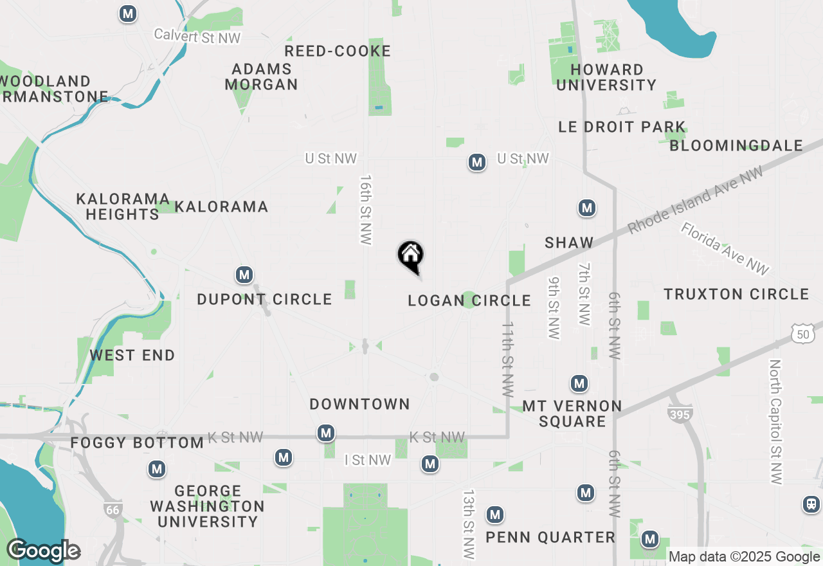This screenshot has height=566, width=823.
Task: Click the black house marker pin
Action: pos(410,255)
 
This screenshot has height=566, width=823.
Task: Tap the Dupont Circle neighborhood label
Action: pos(264,299)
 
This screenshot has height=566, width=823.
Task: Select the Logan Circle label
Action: pos(469,300)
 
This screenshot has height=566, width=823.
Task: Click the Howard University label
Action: pos(606,77)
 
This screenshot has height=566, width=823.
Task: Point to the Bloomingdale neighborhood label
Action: pos(736,145)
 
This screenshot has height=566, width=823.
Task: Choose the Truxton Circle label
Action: pos(736,294)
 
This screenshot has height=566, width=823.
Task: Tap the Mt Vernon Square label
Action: pos(572,414)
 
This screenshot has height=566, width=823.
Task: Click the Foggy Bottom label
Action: pos(137,443)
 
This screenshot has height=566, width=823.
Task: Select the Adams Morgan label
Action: pos(262,77)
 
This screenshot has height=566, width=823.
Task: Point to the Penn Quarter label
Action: pos(550,537)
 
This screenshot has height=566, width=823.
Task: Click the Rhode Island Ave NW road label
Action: pos(696,200)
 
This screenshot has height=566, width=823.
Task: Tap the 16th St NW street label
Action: pos(366,210)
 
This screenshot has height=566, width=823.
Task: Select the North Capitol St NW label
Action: pos(776,422)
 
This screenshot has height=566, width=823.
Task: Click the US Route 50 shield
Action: pos(802,333)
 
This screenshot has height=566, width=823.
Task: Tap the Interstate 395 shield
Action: pos(680,414)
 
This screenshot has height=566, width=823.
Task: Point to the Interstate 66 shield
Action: pos(113,509)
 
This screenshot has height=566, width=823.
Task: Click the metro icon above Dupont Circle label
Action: pos(244,275)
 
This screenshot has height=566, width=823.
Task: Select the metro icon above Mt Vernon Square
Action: pos(579,384)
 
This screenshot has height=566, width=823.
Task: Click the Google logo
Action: pos(43,551)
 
